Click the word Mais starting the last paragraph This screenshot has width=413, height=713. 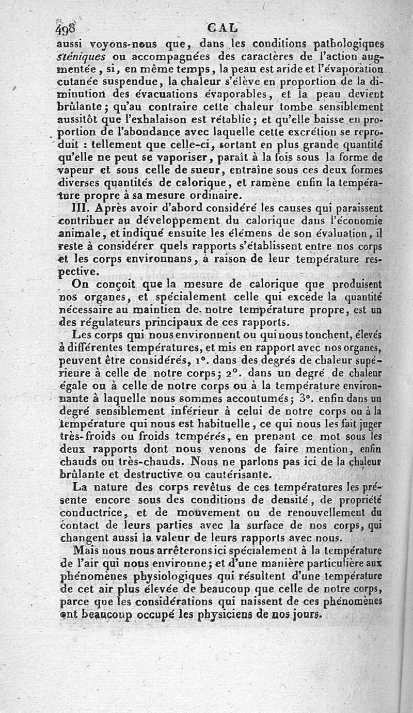point(86,550)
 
